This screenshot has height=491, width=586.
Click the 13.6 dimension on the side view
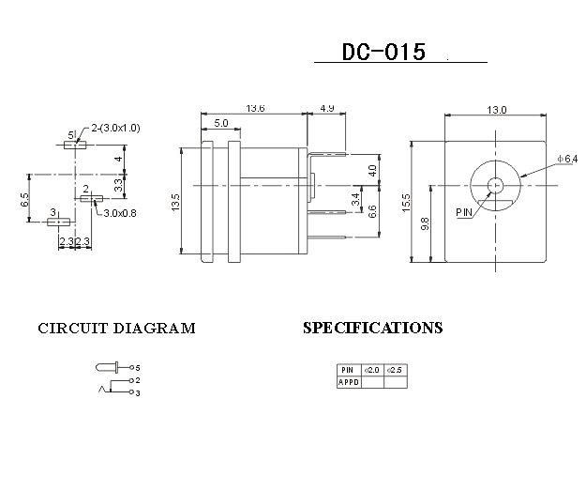(255, 109)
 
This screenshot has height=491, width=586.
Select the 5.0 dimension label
(220, 123)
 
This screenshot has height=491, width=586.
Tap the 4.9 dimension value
(327, 109)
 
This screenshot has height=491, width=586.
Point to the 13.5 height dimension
(175, 203)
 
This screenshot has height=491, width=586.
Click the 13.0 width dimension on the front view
(496, 110)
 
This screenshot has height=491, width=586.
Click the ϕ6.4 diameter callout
(568, 161)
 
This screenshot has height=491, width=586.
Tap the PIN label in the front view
(465, 212)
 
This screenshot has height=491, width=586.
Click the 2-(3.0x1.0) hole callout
(116, 128)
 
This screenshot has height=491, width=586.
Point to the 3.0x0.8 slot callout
(120, 213)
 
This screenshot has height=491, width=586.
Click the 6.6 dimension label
(372, 210)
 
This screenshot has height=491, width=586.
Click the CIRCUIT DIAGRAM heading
(116, 329)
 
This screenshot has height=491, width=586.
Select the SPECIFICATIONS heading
(372, 329)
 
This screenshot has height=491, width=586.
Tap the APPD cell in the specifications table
(348, 382)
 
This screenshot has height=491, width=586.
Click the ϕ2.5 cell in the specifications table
(395, 370)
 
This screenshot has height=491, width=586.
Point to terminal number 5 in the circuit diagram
(137, 367)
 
